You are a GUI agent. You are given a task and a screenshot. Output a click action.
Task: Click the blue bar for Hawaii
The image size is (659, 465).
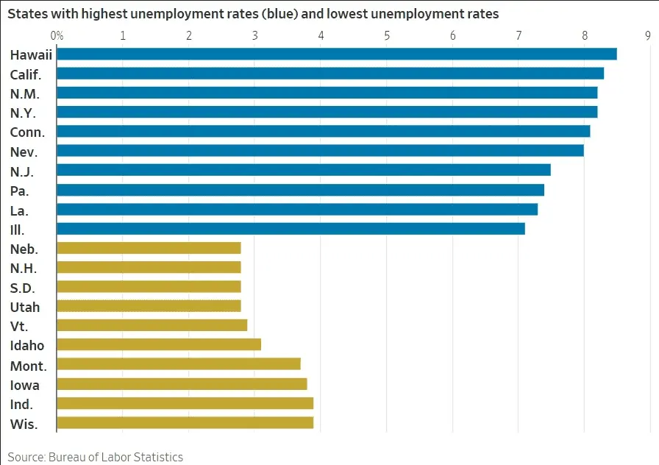click(336, 54)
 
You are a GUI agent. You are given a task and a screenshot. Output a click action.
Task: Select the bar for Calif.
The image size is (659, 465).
click(329, 73)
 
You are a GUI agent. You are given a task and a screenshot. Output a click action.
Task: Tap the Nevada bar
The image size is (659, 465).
click(320, 150)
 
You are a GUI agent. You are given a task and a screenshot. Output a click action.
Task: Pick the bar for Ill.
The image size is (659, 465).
click(291, 228)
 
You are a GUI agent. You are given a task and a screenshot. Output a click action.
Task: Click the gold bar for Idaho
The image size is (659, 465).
click(158, 344)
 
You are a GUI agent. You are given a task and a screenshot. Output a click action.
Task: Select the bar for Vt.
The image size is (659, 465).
click(152, 325)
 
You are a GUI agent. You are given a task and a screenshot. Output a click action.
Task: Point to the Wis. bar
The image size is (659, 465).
click(185, 422)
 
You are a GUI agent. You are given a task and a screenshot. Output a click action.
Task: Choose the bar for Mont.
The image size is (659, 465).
click(178, 363)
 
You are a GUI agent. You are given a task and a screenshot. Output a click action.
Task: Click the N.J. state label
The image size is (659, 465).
click(22, 171)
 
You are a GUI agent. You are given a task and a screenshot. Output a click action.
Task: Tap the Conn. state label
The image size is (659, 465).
click(27, 132)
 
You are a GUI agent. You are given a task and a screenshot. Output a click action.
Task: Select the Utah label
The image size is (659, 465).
click(25, 307)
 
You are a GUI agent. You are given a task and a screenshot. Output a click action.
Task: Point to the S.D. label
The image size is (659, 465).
click(23, 288)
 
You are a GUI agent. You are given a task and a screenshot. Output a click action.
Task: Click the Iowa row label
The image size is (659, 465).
click(25, 385)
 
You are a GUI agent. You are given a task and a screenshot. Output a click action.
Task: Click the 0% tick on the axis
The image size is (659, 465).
click(57, 35)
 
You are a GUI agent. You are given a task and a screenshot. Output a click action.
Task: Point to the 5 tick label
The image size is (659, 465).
click(387, 35)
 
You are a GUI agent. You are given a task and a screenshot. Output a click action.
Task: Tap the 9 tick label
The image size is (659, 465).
click(648, 35)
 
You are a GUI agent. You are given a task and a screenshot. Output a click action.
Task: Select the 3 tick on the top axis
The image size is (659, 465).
click(254, 35)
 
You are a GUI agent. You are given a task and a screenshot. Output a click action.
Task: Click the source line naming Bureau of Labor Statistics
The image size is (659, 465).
click(96, 457)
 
